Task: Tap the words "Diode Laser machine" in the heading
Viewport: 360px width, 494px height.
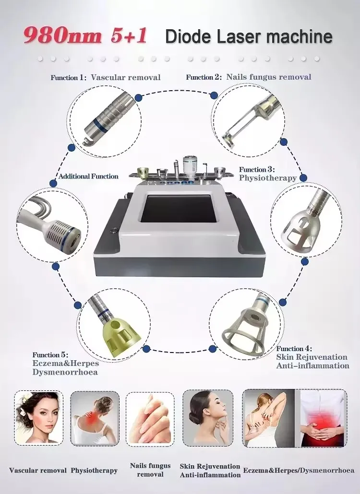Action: coord(248,37)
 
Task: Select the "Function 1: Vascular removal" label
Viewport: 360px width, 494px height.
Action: coord(106,77)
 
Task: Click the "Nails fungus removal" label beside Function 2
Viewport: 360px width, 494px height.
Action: coord(268,77)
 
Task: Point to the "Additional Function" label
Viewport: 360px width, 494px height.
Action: coord(88,176)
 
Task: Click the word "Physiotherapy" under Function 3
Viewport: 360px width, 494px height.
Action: coord(268,178)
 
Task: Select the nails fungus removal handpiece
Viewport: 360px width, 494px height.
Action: coord(248,118)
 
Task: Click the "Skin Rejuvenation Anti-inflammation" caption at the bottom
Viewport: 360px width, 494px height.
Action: coord(210,470)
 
